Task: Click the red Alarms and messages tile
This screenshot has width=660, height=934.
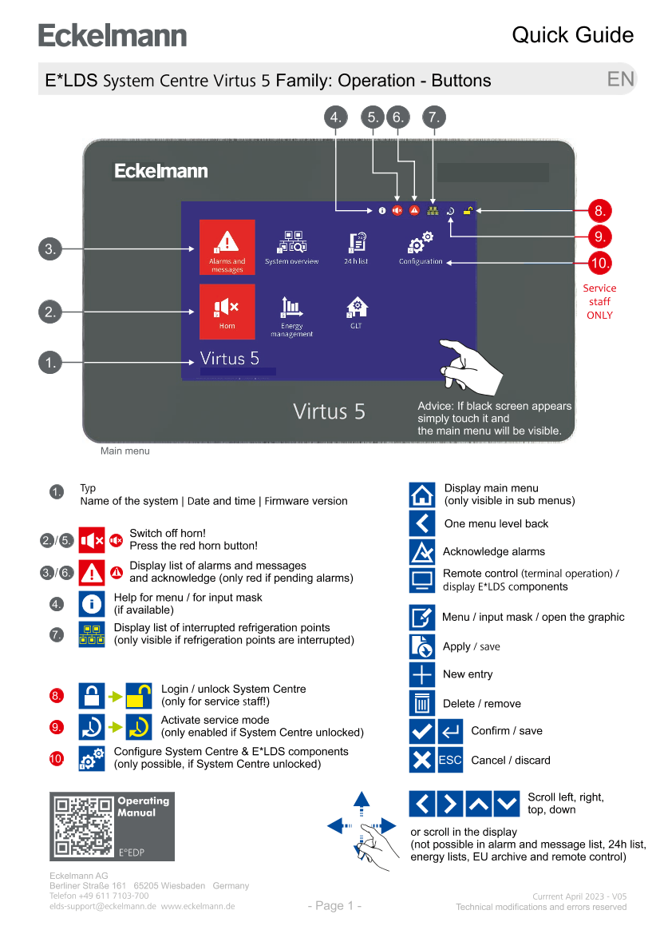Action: [x=227, y=247]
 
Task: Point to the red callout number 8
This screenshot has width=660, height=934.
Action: [x=599, y=212]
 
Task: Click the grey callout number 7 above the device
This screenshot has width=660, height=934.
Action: [x=433, y=117]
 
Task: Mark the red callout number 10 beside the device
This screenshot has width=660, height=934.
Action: [x=599, y=262]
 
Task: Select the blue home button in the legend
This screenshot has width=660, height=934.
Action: [x=422, y=495]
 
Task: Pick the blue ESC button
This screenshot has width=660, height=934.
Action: [x=450, y=760]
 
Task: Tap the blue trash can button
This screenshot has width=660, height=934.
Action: [x=422, y=704]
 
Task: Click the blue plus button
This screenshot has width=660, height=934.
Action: [x=422, y=675]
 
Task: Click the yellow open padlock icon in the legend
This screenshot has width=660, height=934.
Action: [x=140, y=697]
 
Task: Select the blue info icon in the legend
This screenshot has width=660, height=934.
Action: [x=92, y=604]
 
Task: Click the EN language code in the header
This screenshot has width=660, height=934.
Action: [x=620, y=79]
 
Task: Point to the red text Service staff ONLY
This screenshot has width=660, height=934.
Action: [x=599, y=301]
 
